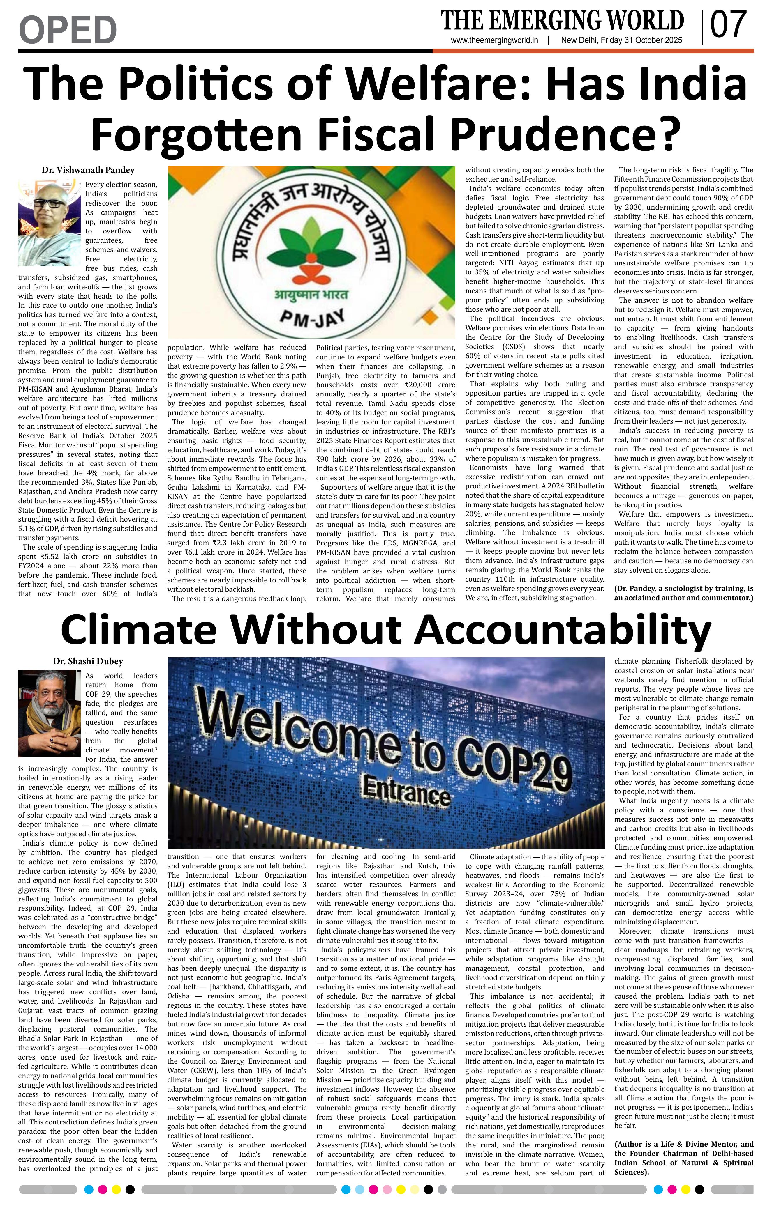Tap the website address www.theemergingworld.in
pos(494,41)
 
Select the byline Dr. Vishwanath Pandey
pos(88,170)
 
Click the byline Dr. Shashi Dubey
pos(88,661)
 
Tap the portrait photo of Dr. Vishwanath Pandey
pos(50,222)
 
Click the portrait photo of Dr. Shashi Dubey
pos(50,713)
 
